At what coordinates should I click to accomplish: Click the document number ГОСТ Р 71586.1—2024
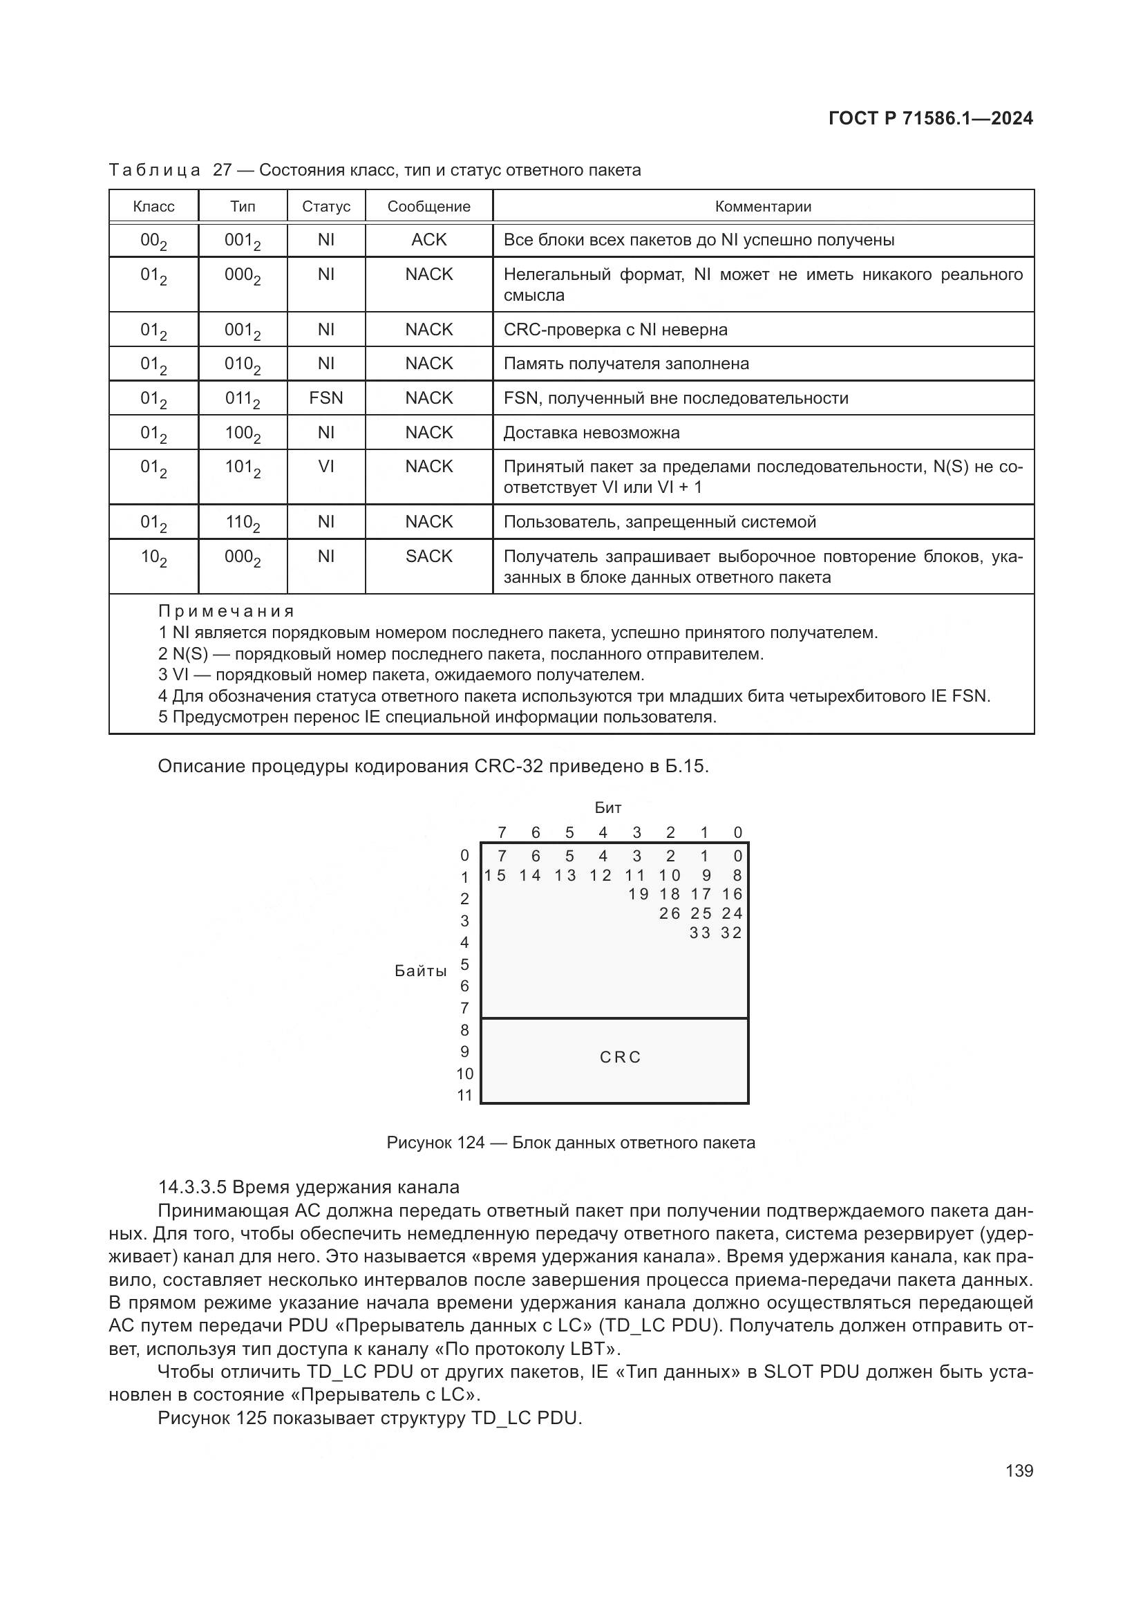click(x=929, y=118)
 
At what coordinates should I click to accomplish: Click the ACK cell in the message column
click(x=428, y=240)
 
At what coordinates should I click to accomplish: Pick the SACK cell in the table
click(x=428, y=557)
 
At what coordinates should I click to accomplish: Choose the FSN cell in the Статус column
click(x=326, y=398)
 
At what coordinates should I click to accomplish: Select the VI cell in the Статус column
click(x=326, y=466)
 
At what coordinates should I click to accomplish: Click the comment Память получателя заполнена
click(x=625, y=364)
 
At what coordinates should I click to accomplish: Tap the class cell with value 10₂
click(x=153, y=557)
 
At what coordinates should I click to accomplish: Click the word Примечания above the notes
click(x=226, y=611)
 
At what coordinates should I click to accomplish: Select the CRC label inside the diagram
click(x=620, y=1057)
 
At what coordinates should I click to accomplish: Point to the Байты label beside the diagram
click(x=420, y=971)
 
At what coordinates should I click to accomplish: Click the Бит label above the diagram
click(x=607, y=807)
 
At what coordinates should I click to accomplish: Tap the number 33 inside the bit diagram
click(x=700, y=933)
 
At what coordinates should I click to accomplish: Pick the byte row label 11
click(x=464, y=1095)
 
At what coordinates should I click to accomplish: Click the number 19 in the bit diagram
click(x=639, y=894)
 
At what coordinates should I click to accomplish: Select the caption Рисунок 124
click(x=435, y=1142)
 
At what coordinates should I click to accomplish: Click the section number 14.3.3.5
click(x=192, y=1188)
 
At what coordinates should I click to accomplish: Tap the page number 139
click(x=1019, y=1470)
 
